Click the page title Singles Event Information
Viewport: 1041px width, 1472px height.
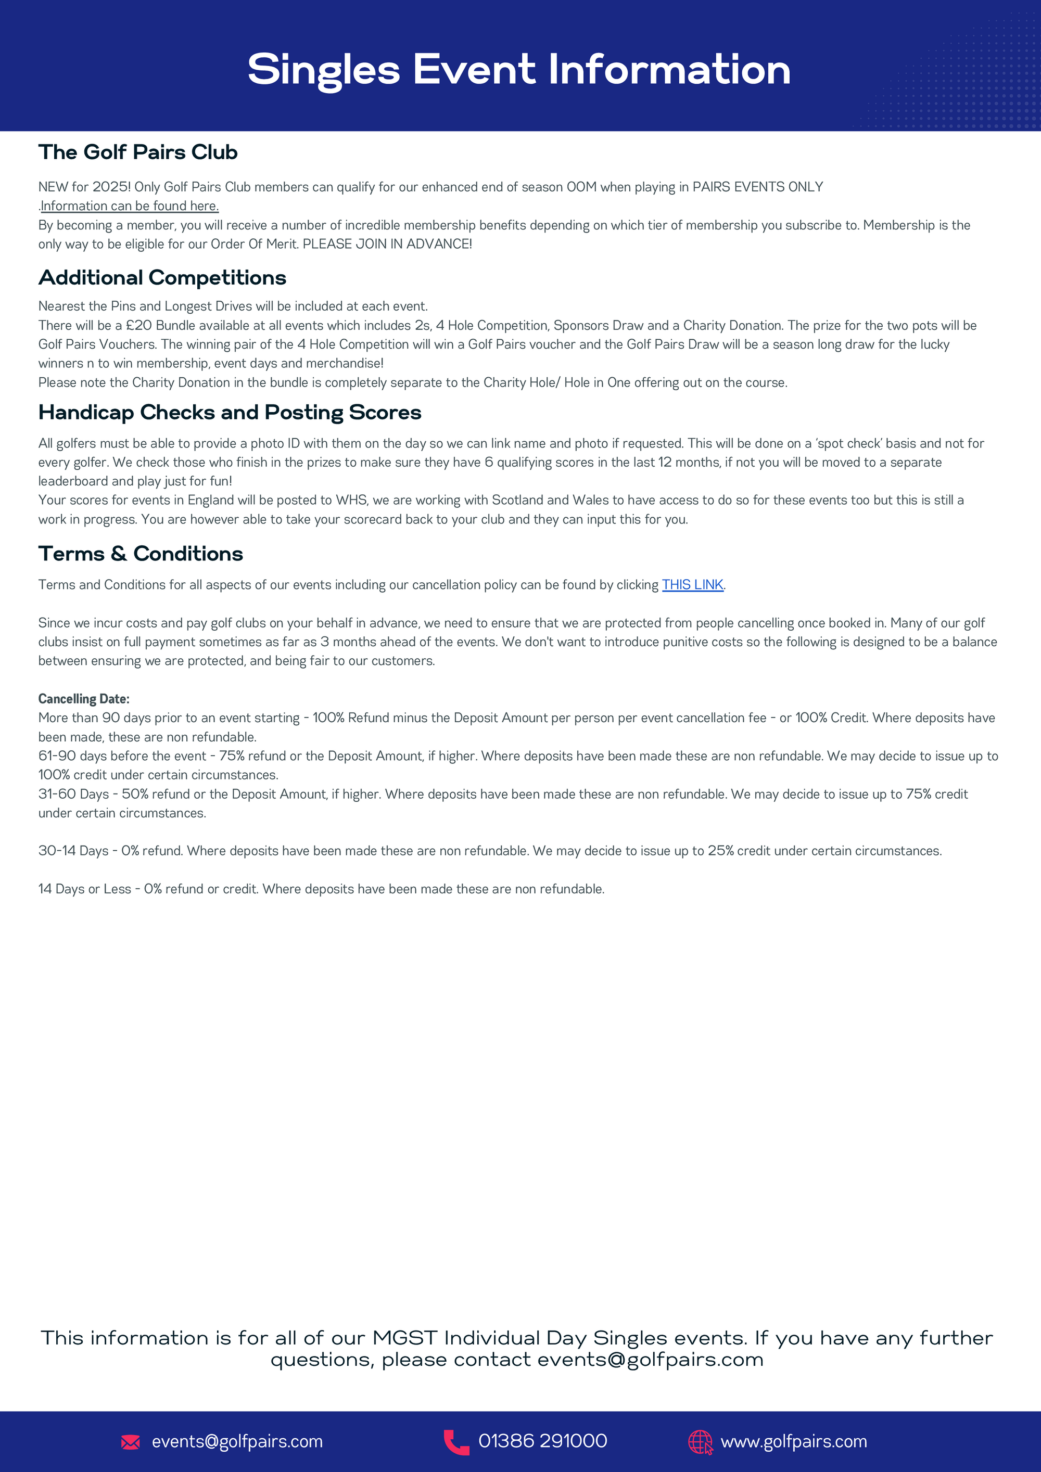[519, 69]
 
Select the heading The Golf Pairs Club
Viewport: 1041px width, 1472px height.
[138, 152]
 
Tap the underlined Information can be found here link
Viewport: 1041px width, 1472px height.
[130, 206]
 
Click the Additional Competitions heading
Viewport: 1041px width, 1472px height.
[162, 278]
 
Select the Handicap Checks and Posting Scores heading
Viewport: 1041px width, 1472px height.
[230, 412]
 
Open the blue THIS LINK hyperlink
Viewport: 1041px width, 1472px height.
[692, 585]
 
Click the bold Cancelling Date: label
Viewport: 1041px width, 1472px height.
[84, 699]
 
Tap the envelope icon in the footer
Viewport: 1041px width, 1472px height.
[131, 1442]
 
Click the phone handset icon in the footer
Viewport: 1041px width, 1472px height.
[456, 1442]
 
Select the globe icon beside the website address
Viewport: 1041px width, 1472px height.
[700, 1442]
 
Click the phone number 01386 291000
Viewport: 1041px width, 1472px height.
[543, 1441]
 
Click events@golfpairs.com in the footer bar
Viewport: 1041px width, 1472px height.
[237, 1442]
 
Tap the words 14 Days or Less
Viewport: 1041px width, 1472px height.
[85, 889]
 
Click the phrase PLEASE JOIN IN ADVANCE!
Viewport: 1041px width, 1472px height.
[387, 244]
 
